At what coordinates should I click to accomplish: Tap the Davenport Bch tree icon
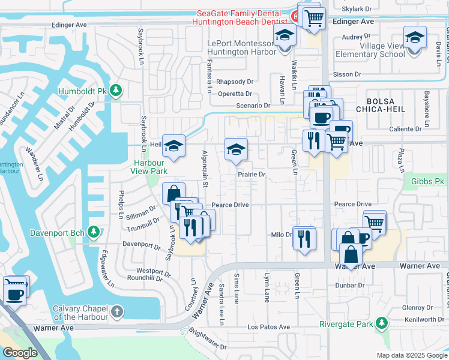(x=93, y=231)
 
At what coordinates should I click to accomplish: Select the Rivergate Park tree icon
(x=381, y=325)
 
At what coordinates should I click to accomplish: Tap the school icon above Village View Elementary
(x=415, y=38)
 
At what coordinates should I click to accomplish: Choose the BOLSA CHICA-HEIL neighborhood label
(x=381, y=104)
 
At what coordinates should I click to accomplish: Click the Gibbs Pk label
(x=428, y=181)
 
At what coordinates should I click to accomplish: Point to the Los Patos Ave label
(x=269, y=327)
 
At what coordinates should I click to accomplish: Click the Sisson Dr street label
(x=348, y=74)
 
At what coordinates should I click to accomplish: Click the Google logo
(x=19, y=352)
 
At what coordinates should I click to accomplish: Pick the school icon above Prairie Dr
(x=236, y=149)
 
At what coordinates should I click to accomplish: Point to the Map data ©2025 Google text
(x=411, y=355)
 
